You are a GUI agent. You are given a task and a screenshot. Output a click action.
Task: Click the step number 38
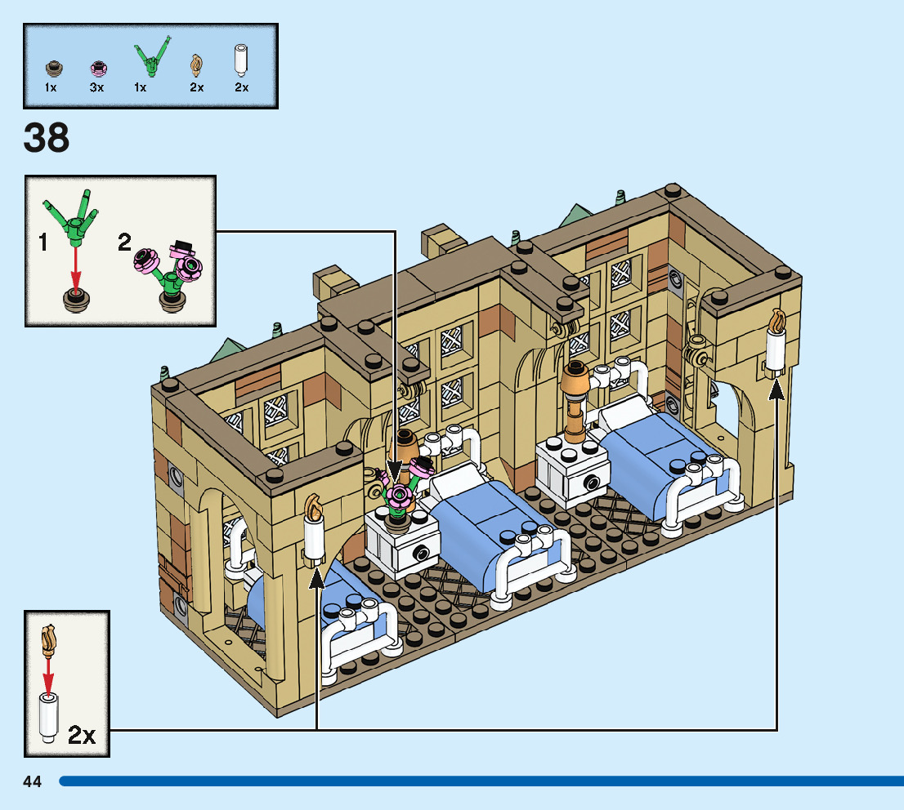click(47, 138)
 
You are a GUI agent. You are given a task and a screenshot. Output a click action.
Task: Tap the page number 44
click(33, 781)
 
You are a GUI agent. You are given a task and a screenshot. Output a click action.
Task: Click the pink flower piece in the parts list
click(97, 67)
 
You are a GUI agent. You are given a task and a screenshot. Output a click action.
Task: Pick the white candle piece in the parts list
click(241, 60)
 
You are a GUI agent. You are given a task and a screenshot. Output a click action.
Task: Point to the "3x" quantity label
click(97, 87)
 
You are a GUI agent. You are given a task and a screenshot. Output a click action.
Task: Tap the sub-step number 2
click(124, 243)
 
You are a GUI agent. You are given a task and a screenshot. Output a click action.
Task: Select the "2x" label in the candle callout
click(82, 735)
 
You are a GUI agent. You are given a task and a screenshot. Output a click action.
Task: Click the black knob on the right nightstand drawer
click(589, 482)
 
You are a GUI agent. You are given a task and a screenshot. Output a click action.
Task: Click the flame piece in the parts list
click(196, 64)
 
